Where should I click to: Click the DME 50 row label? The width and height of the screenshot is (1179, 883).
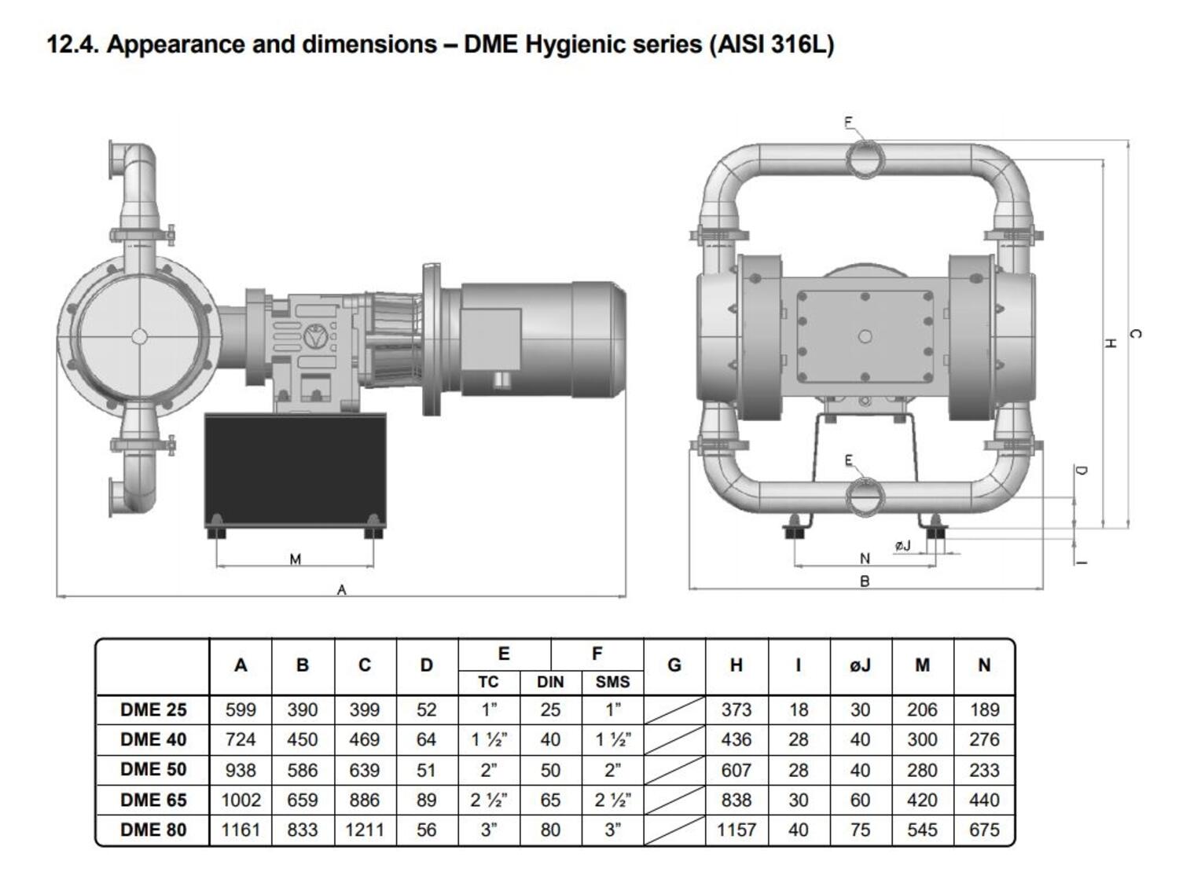pyautogui.click(x=153, y=770)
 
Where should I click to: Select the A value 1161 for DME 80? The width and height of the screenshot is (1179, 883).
pyautogui.click(x=241, y=830)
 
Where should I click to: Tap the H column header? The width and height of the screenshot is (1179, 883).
pyautogui.click(x=736, y=665)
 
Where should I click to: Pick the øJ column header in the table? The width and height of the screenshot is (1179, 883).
pyautogui.click(x=860, y=665)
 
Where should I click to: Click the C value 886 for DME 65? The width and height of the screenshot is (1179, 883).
pyautogui.click(x=364, y=801)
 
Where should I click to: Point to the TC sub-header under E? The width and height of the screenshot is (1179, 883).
pyautogui.click(x=488, y=682)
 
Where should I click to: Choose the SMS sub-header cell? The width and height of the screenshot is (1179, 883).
pyautogui.click(x=612, y=682)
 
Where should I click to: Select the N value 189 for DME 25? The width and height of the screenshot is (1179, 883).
pyautogui.click(x=984, y=710)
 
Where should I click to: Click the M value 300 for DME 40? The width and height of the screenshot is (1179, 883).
pyautogui.click(x=922, y=740)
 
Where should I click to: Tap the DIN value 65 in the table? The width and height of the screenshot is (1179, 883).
pyautogui.click(x=550, y=801)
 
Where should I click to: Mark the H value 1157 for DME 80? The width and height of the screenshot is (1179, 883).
pyautogui.click(x=736, y=830)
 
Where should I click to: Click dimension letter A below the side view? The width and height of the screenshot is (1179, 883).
pyautogui.click(x=341, y=590)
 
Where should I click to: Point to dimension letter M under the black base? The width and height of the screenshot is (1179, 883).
pyautogui.click(x=296, y=559)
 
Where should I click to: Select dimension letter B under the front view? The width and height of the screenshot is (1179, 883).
pyautogui.click(x=865, y=582)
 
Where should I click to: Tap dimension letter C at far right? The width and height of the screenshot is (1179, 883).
pyautogui.click(x=1134, y=334)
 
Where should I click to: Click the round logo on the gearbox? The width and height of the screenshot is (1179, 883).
pyautogui.click(x=316, y=336)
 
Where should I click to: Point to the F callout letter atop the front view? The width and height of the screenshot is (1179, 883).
pyautogui.click(x=848, y=122)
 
